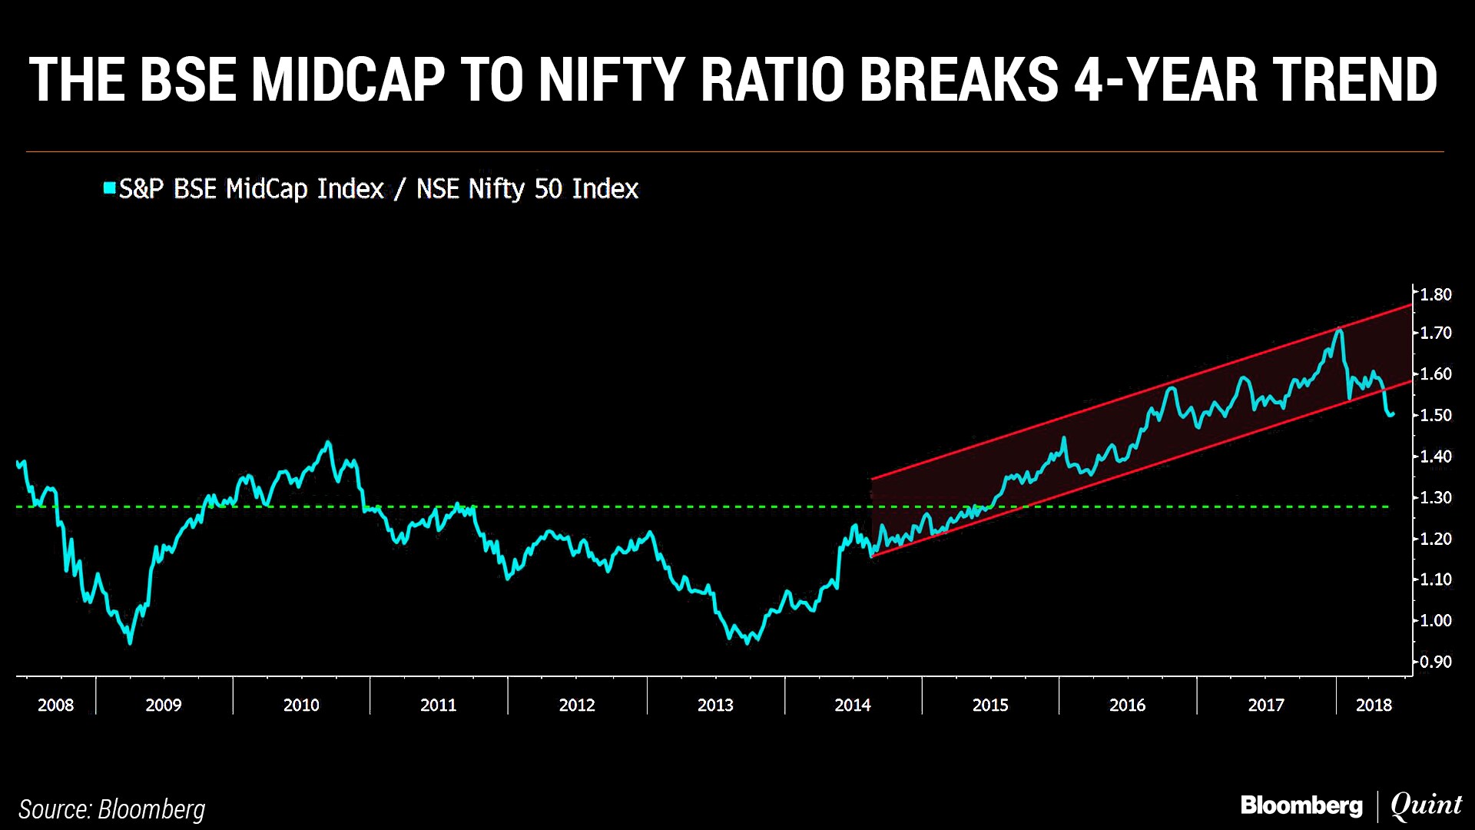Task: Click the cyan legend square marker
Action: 110,188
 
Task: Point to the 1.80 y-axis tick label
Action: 1435,294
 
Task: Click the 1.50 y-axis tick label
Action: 1435,415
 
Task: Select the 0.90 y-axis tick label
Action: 1435,662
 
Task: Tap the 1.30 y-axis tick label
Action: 1435,497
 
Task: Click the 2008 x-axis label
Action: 55,705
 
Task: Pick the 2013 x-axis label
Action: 714,705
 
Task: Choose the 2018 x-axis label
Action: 1374,705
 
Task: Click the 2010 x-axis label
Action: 300,705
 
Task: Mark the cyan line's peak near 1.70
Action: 1339,329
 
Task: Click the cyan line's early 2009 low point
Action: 130,642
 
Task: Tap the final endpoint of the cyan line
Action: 1393,414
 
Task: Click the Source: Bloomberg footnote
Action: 111,809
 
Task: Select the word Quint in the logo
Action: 1426,805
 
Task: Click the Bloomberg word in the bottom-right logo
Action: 1301,805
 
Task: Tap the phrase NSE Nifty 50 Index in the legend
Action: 527,189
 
